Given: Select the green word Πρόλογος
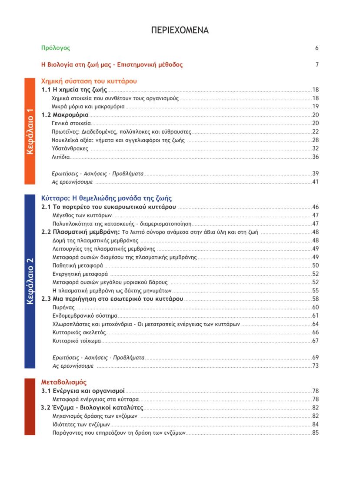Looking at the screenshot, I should (55, 48).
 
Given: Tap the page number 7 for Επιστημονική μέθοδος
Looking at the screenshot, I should (317, 65).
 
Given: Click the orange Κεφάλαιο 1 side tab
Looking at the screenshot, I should (30, 131).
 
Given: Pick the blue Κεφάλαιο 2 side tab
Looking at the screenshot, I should (30, 281).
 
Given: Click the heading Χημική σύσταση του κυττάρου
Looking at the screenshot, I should (89, 81).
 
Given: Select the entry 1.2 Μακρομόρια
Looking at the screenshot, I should (65, 115).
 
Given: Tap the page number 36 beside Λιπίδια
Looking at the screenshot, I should (316, 157).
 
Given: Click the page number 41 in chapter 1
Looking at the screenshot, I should (316, 182).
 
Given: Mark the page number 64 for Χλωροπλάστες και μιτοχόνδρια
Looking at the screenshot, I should (316, 324).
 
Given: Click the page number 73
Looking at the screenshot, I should (316, 366).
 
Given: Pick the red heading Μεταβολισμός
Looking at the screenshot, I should (63, 382).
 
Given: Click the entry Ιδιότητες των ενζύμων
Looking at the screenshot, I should (80, 424).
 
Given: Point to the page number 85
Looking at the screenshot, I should (316, 433).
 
